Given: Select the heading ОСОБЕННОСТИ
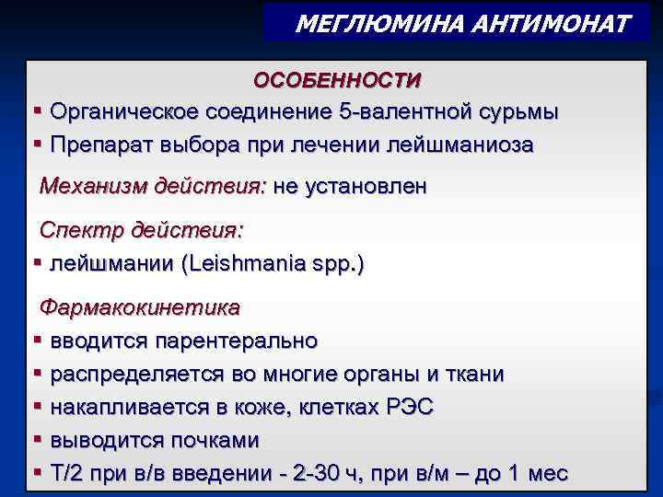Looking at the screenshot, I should click(x=338, y=80).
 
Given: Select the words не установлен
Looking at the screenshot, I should click(x=350, y=187).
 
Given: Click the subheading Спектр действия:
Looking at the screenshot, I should click(x=135, y=229).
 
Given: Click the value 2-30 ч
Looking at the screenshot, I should click(x=323, y=474).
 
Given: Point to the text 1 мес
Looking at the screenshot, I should click(x=537, y=474).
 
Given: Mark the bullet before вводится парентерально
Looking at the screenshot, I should click(x=38, y=341).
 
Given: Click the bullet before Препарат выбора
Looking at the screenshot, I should click(x=38, y=144).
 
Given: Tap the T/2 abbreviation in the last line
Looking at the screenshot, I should click(x=66, y=474).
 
